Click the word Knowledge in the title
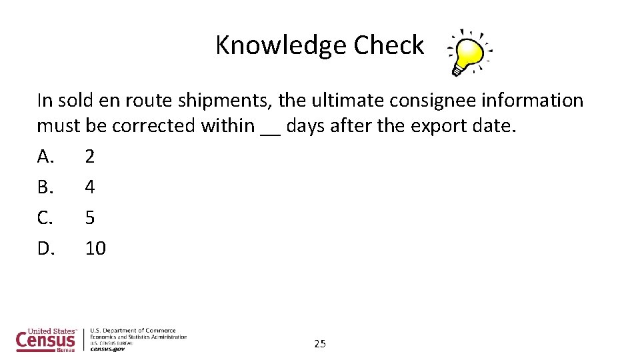[x=281, y=45]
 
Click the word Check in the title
[x=389, y=45]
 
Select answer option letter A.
[x=45, y=157]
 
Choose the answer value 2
[x=90, y=157]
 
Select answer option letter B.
[x=45, y=187]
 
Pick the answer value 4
[x=90, y=187]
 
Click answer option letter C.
[x=45, y=218]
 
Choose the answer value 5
[x=90, y=218]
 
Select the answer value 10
[x=95, y=249]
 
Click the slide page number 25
[x=320, y=344]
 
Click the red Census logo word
[x=45, y=341]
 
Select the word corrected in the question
[x=157, y=125]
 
